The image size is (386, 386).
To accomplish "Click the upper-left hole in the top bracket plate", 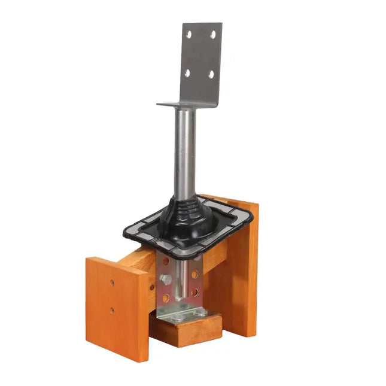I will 189,35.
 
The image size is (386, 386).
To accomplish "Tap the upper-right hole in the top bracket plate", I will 212,35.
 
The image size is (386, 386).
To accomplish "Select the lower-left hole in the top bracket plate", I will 187,72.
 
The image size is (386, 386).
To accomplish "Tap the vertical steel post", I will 185,150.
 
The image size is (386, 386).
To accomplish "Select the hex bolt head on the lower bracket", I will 166,279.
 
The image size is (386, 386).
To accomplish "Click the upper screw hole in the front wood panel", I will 112,283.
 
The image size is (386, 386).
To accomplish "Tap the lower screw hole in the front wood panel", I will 112,310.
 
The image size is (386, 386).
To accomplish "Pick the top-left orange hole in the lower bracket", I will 166,262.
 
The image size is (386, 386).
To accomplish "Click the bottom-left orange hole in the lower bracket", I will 166,297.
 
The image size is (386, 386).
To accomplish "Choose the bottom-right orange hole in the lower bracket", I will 194,292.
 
